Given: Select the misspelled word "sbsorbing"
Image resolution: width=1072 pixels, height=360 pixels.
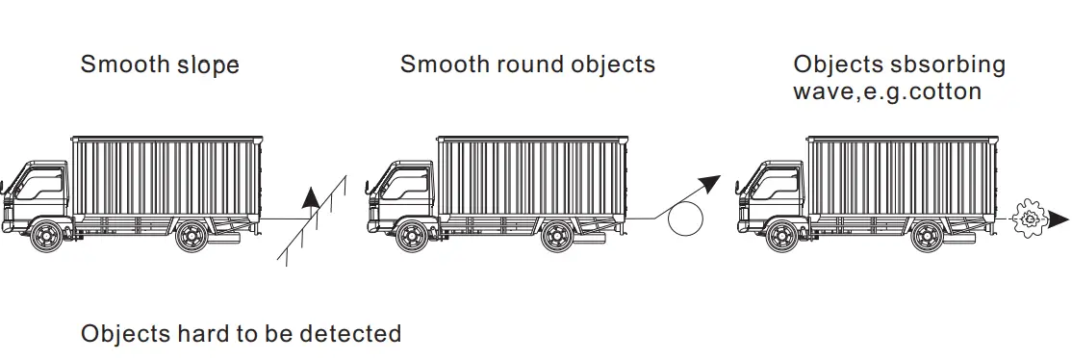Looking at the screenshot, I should coord(949,65).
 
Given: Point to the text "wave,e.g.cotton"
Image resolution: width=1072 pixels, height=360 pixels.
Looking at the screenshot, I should coord(887,92).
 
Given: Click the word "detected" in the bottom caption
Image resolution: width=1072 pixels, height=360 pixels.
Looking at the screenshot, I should coord(350,334).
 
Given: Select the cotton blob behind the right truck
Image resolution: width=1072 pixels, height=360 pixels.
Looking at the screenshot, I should coord(1029,219).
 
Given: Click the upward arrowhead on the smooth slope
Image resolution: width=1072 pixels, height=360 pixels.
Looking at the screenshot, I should coord(310,198).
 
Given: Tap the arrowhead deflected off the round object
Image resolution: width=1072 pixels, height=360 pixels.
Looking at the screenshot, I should coord(711,182).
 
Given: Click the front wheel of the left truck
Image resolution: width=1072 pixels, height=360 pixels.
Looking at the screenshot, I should coord(44,235).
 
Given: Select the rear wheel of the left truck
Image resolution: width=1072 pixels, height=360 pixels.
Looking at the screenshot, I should coord(191,235).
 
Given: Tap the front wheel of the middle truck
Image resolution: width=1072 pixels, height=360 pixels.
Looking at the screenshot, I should coord(411,235).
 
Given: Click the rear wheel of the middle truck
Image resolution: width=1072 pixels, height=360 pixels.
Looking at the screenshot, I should coord(558,235).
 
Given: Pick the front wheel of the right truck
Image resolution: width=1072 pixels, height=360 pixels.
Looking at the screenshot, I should coord(780,235).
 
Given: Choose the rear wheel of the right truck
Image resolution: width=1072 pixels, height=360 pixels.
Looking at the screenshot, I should coord(927,235).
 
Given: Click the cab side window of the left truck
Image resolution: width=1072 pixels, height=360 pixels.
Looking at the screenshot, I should coord(44,183).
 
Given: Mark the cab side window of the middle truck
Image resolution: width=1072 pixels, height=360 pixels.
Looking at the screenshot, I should coord(411,183).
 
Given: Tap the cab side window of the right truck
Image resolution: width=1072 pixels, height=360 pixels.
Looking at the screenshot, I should coord(780,183).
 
